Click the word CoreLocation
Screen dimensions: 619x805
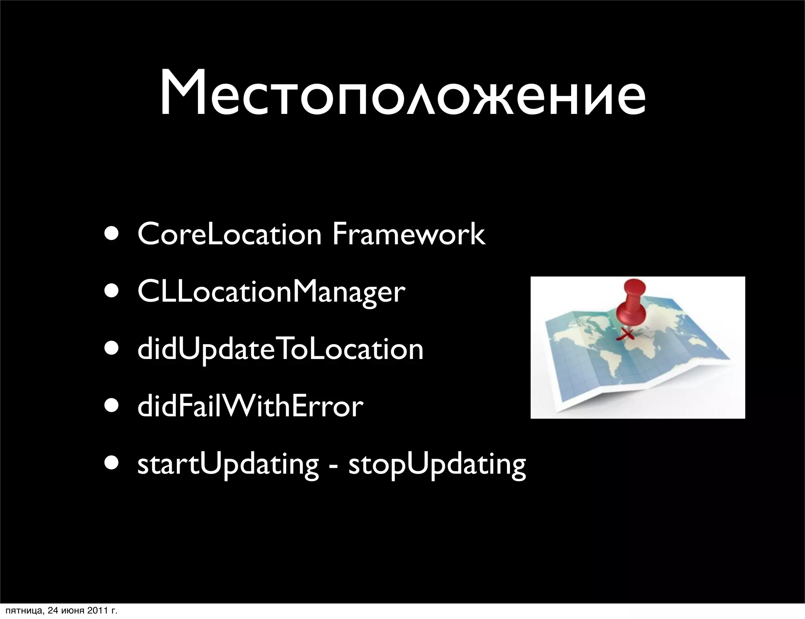point(230,234)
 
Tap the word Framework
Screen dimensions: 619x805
point(409,234)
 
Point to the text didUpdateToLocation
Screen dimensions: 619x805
point(280,350)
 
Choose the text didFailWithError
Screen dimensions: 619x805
point(250,407)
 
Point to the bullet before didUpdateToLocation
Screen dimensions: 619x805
point(113,350)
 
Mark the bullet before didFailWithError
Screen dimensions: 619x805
point(113,407)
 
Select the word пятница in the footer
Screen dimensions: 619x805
point(21,611)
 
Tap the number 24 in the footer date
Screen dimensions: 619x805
point(51,611)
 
